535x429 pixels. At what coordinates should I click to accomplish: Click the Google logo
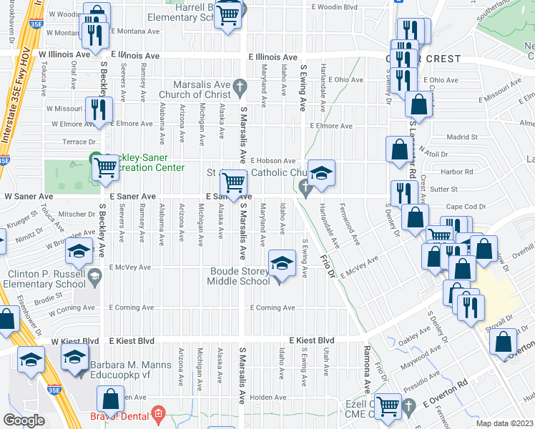24,420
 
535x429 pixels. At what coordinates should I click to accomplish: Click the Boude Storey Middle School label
239,276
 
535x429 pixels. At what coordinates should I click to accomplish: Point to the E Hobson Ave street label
273,162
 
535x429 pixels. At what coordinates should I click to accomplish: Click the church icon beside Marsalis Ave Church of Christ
240,88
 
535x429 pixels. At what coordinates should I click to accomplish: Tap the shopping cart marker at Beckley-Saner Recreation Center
107,167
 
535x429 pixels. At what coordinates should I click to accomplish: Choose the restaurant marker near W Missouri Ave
98,109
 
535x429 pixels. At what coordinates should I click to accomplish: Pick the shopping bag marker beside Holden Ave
111,399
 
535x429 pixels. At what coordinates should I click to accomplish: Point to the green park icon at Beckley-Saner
94,159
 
